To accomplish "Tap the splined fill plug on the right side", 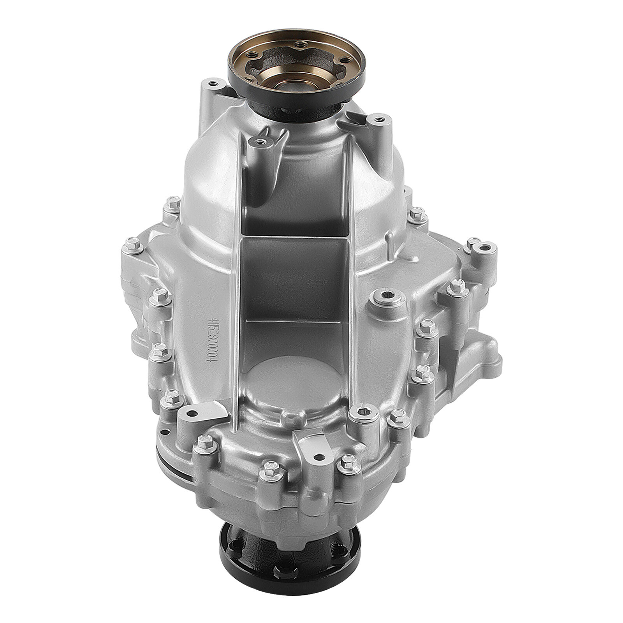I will (x=389, y=299).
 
